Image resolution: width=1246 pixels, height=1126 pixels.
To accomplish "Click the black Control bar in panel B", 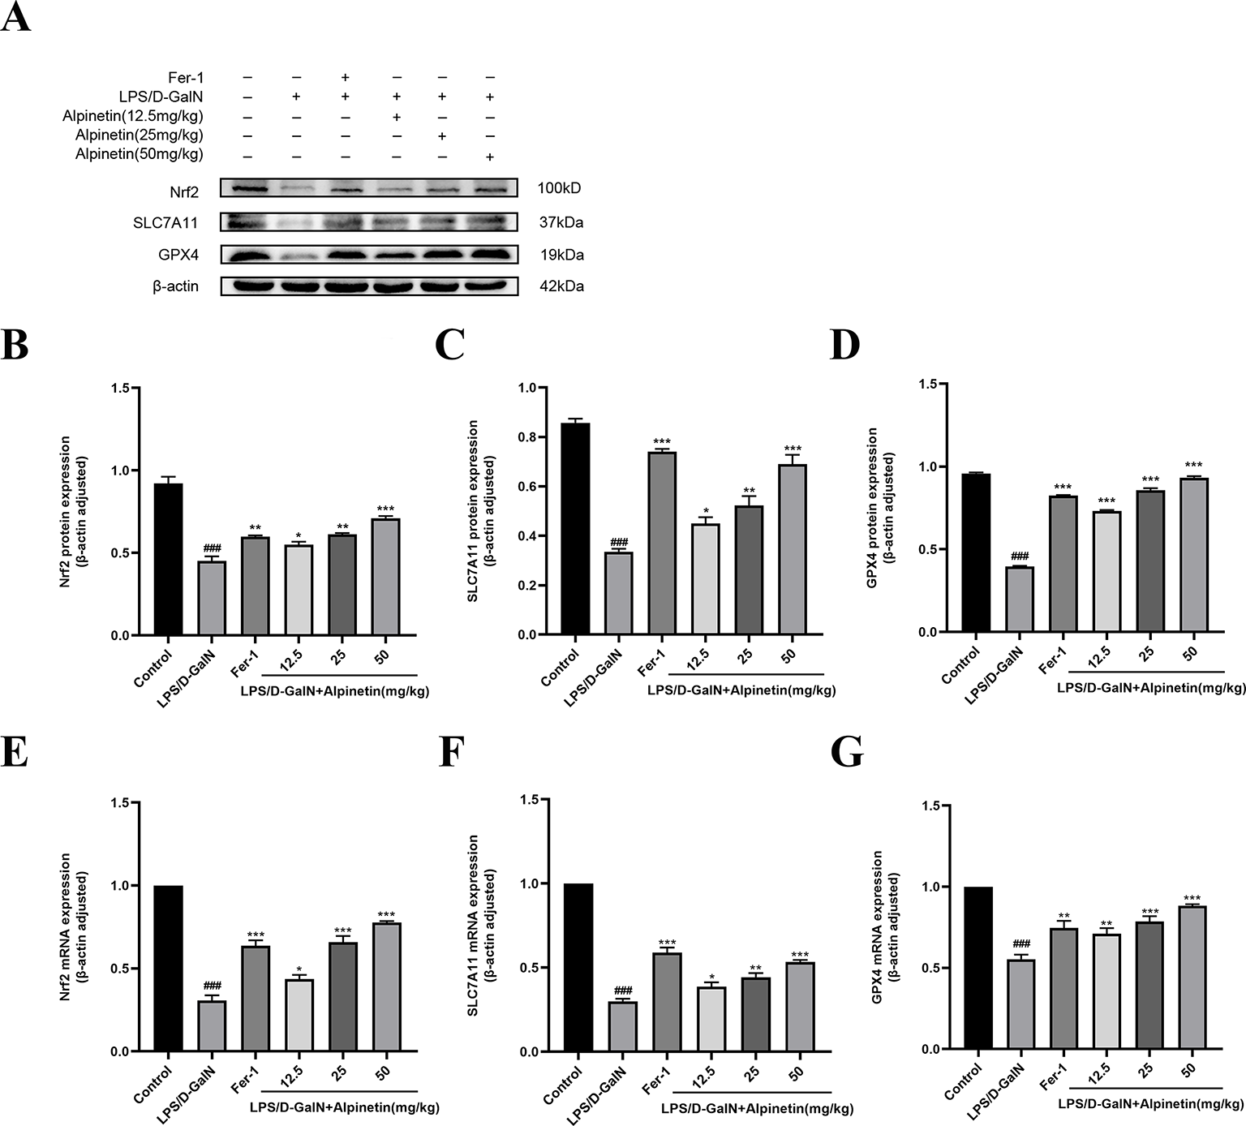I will [168, 560].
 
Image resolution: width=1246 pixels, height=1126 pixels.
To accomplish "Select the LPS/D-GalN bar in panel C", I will [619, 593].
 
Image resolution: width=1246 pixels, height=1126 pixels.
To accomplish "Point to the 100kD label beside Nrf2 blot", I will [559, 188].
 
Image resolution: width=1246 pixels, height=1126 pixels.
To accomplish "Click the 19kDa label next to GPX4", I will [561, 255].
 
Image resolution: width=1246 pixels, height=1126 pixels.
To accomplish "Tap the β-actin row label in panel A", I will [176, 286].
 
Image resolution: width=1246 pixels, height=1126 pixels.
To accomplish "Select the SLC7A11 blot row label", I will [165, 221].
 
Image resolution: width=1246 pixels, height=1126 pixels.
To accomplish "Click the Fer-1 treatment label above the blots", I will [186, 78].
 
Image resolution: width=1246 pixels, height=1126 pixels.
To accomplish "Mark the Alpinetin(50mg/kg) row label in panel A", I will [140, 154].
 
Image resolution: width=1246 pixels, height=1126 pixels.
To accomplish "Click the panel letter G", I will [847, 754].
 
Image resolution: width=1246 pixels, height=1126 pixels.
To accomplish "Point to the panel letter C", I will [449, 345].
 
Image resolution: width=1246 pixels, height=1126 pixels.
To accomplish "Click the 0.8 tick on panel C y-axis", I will [527, 437].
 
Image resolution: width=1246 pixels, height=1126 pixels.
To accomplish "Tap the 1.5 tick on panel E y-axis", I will [120, 803].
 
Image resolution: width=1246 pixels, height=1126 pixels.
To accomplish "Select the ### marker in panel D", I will [1020, 557].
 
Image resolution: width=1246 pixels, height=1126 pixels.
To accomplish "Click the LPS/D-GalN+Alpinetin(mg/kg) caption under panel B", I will [335, 691].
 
